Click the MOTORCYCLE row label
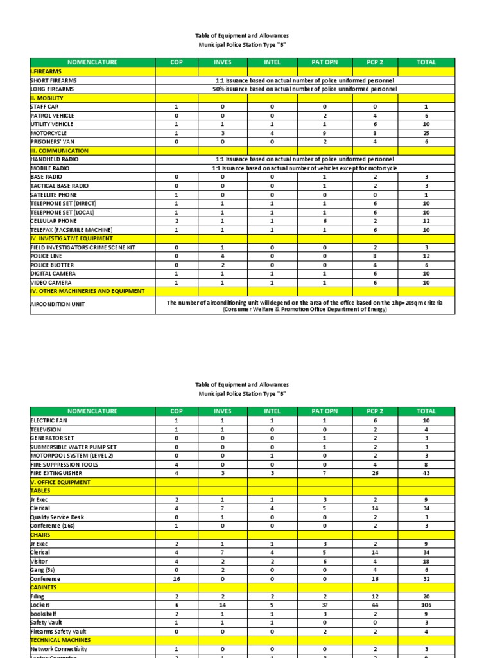[x=49, y=133]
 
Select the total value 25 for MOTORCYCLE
[x=426, y=133]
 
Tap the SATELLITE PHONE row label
[x=54, y=195]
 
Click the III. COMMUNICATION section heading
[x=59, y=151]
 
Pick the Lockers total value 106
[x=426, y=605]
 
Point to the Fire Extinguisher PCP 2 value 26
[x=374, y=473]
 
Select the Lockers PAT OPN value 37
[x=324, y=605]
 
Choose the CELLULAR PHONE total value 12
[x=426, y=221]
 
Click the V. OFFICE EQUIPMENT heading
[x=60, y=482]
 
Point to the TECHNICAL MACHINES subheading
[x=60, y=640]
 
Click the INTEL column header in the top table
[x=272, y=62]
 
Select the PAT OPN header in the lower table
[x=324, y=411]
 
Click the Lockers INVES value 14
[x=222, y=605]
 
